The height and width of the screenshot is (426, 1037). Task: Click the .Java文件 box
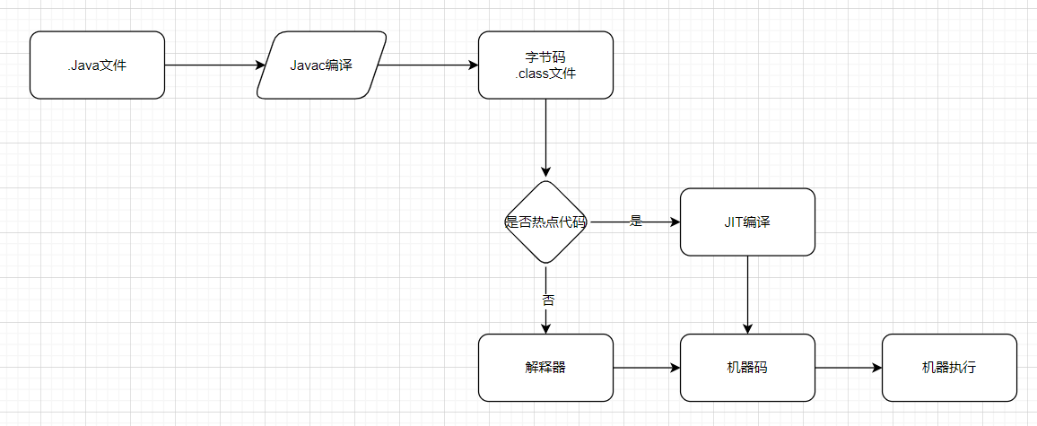click(97, 65)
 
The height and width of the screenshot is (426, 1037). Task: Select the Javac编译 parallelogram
click(321, 65)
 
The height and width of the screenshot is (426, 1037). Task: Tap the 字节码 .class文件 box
click(545, 65)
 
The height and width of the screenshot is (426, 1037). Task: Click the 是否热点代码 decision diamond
click(545, 222)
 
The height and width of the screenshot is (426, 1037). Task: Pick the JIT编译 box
click(747, 222)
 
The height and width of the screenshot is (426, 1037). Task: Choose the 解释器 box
click(545, 368)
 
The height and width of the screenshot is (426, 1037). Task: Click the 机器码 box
click(747, 368)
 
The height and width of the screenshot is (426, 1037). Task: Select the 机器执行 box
click(949, 368)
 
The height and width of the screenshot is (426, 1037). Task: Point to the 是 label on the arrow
click(636, 222)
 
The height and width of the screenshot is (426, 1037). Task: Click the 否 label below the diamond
click(547, 300)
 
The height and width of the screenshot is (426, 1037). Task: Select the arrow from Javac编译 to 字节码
click(427, 65)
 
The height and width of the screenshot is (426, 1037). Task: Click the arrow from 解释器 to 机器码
click(646, 368)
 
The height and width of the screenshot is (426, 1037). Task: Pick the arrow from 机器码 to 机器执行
click(848, 368)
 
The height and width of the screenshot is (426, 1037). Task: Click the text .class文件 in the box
click(545, 74)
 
